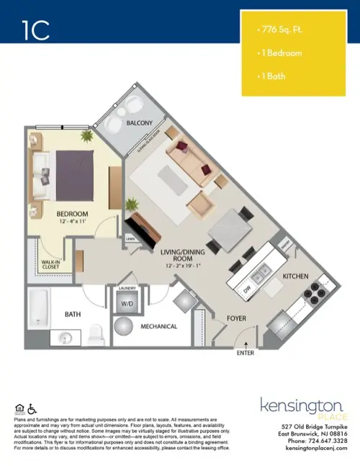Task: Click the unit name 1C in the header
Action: (x=35, y=30)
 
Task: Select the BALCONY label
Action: (x=139, y=123)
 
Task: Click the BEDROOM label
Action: (x=72, y=214)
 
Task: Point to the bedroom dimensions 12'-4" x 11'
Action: (x=72, y=223)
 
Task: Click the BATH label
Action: (x=73, y=314)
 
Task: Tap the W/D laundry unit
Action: (x=127, y=303)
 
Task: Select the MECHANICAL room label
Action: (x=159, y=326)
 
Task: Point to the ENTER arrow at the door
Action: (x=246, y=345)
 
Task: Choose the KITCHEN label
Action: (x=295, y=276)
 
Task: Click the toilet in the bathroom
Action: (x=95, y=334)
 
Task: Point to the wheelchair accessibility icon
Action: (x=31, y=411)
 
